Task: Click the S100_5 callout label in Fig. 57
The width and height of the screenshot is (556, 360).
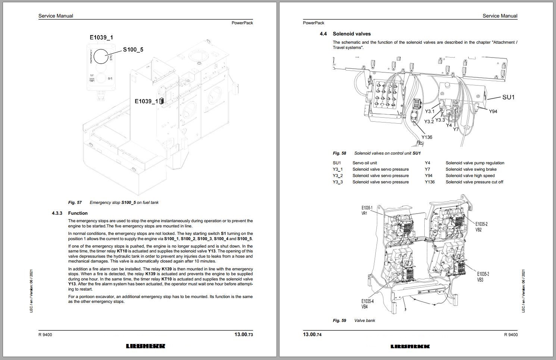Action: pos(133,49)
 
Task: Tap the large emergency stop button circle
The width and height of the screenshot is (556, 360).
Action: pos(101,56)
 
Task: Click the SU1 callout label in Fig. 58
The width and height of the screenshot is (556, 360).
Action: pos(508,97)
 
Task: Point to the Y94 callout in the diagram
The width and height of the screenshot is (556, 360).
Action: pos(493,111)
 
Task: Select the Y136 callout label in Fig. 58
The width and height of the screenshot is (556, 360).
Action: pos(427,137)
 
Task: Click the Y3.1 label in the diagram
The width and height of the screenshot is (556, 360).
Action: pos(430,111)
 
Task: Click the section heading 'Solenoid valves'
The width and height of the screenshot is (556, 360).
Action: pos(352,34)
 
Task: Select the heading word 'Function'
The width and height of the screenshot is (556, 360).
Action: pos(78,213)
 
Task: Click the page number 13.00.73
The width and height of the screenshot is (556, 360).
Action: pos(244,334)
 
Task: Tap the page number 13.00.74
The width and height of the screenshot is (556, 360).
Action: pos(312,334)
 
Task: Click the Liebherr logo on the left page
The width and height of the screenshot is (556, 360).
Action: pos(146,346)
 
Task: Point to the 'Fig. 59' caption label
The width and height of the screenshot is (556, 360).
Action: pos(339,320)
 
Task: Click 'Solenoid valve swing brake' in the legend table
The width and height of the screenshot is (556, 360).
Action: pos(471,169)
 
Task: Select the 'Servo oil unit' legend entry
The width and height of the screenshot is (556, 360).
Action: pos(365,163)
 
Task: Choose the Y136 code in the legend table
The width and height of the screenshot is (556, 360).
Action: pos(430,182)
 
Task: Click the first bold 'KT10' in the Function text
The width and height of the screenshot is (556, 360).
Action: pos(122,251)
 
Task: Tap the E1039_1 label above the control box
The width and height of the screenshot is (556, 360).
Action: pos(101,37)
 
